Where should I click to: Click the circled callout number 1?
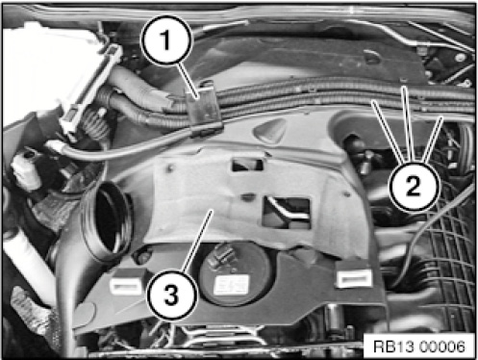click(166, 39)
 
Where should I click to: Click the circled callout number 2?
click(414, 186)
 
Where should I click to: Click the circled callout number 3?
click(171, 295)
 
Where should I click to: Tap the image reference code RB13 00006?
click(419, 347)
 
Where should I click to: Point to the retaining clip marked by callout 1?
click(204, 108)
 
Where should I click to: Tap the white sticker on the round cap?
click(232, 284)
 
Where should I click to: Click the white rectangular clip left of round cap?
click(126, 284)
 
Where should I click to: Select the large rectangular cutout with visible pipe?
click(287, 213)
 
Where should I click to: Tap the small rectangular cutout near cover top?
click(248, 165)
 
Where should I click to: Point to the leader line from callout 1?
click(188, 80)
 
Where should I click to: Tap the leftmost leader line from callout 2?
click(387, 131)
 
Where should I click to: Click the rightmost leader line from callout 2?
click(434, 139)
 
